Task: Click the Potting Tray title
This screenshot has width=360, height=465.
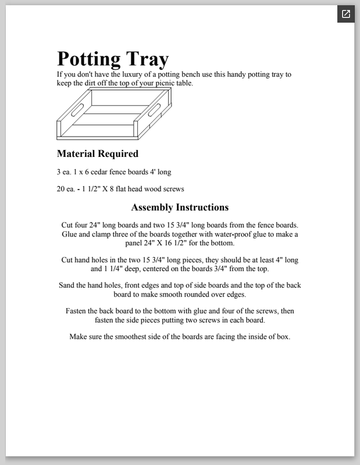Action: pos(112,59)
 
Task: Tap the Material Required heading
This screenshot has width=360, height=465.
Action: pos(97,154)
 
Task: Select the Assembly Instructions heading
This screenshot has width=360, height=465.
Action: pos(180,208)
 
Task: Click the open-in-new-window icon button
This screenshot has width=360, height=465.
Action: pos(345,15)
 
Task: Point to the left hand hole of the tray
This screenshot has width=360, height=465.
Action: pos(77,109)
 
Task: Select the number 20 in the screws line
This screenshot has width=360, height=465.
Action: pos(61,189)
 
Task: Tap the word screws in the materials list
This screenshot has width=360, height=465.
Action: pos(173,189)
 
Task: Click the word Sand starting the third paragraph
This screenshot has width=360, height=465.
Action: pos(68,285)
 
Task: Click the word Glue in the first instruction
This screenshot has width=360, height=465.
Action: pos(71,234)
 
